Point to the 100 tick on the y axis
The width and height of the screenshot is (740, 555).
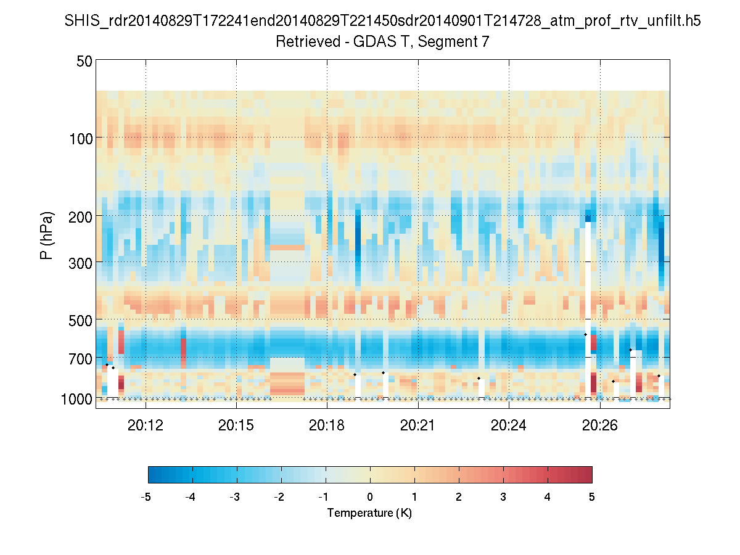tap(81, 138)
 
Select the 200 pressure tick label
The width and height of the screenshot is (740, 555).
tap(81, 216)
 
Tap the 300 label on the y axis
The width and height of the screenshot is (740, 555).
tap(81, 262)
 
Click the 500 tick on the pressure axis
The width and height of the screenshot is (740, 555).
tap(81, 320)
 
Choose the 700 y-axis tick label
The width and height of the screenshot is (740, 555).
tap(81, 358)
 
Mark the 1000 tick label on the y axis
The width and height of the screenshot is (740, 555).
tap(77, 399)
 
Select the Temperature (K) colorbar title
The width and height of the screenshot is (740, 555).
tap(369, 513)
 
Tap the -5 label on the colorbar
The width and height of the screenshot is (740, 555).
tap(146, 497)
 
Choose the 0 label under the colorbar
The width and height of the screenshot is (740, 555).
tap(370, 497)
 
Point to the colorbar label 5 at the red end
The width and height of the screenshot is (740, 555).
tap(592, 497)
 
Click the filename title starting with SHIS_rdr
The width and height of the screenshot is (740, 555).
tap(382, 22)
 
